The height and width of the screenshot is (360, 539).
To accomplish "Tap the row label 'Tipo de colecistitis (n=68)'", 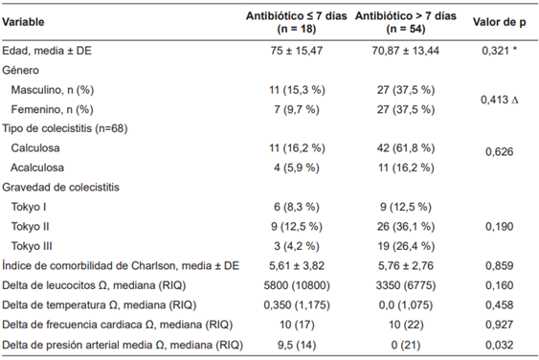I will point(65,128).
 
